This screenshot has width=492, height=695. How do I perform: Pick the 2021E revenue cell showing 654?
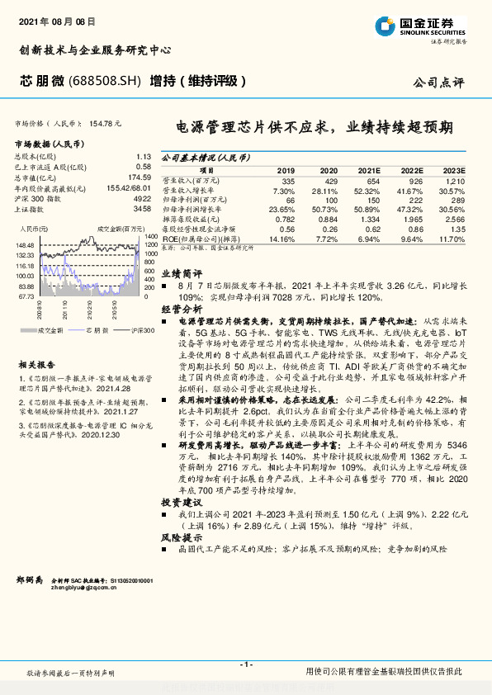click(374, 180)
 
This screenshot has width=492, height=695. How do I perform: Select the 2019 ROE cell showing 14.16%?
click(282, 239)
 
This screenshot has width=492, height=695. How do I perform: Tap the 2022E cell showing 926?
click(414, 180)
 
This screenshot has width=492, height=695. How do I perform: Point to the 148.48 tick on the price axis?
click(25, 245)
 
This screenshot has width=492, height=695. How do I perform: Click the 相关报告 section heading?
click(36, 364)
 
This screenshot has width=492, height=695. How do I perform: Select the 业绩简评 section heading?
click(181, 271)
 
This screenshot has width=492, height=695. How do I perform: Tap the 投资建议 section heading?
click(181, 501)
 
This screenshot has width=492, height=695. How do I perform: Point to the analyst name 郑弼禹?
click(29, 582)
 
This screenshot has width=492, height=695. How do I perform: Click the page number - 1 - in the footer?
click(245, 664)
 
